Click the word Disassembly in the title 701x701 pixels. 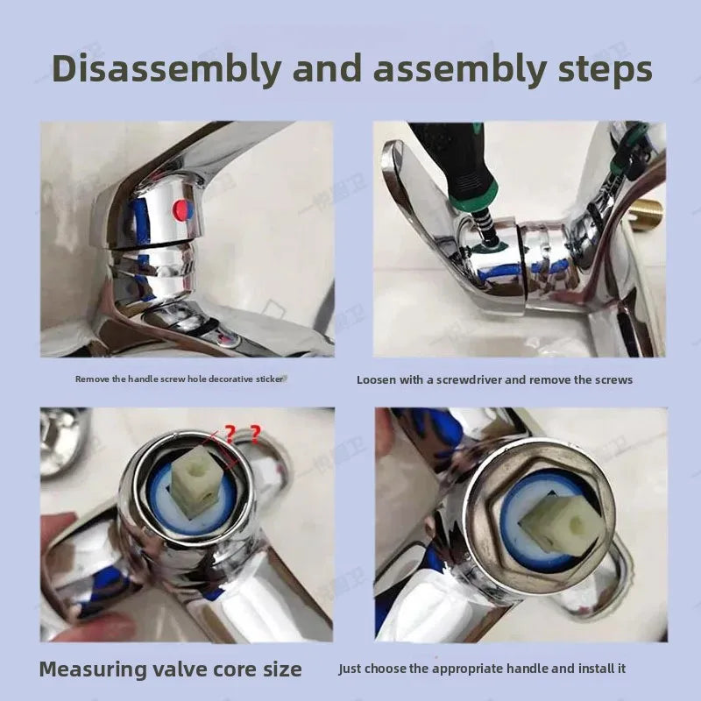pyautogui.click(x=166, y=69)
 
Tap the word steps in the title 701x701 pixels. pyautogui.click(x=605, y=71)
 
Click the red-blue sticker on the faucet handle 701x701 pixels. pyautogui.click(x=183, y=209)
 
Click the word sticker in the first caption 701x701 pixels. pyautogui.click(x=270, y=379)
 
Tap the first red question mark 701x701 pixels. pyautogui.click(x=230, y=434)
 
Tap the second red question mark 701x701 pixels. pyautogui.click(x=255, y=434)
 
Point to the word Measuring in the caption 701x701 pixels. pyautogui.click(x=92, y=669)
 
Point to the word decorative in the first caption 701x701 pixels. pyautogui.click(x=230, y=379)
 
